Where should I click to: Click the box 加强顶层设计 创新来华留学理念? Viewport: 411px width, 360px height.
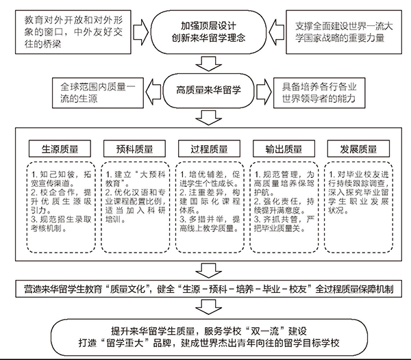(209, 32)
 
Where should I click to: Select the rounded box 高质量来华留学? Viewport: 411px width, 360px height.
(209, 91)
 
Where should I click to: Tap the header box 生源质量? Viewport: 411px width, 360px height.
(60, 149)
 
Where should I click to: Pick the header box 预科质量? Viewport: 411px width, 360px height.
(134, 149)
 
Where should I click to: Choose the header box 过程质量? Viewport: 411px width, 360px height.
(209, 149)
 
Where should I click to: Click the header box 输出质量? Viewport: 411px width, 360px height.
(284, 149)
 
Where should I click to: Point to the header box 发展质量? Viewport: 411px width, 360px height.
(358, 149)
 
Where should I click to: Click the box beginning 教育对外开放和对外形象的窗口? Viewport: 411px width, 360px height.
(73, 32)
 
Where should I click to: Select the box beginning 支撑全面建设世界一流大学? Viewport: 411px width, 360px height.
(344, 32)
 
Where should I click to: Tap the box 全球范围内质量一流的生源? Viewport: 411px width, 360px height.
(98, 93)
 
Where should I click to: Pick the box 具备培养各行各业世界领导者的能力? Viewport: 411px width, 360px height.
(319, 93)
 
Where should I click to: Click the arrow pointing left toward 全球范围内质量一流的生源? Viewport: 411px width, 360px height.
(153, 92)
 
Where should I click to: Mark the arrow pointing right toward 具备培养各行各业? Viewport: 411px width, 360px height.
(264, 92)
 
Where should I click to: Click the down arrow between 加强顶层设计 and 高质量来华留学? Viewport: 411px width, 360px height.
(209, 64)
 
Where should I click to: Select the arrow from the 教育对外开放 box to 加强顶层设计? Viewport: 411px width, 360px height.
(141, 32)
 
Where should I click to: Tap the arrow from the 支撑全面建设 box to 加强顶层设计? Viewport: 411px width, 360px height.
(276, 32)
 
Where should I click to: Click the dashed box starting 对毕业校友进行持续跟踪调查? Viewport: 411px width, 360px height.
(358, 207)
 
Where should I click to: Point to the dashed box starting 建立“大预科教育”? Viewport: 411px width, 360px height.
(136, 207)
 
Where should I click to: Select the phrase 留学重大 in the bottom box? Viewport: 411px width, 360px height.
(125, 343)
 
